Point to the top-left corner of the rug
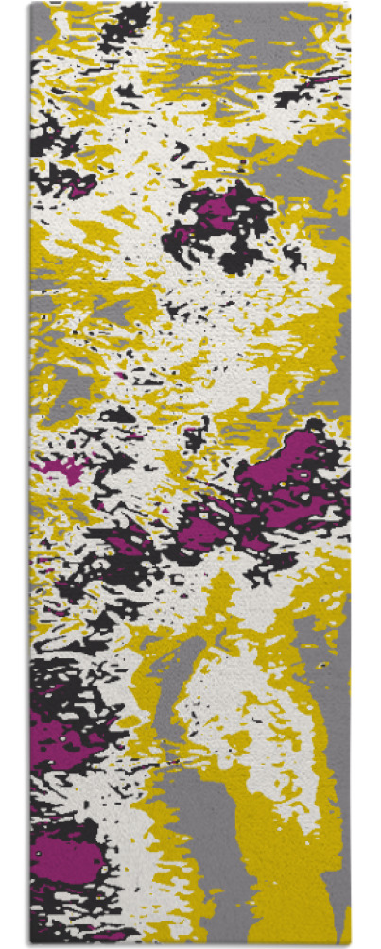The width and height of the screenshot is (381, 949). coord(31,4)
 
